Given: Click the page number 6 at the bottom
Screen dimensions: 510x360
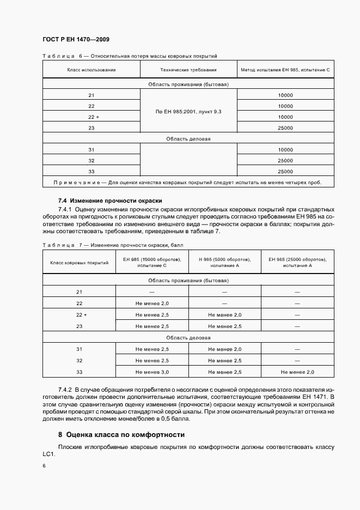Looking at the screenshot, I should tap(44, 466).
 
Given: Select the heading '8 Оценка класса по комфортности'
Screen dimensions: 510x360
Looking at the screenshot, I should tap(121, 435).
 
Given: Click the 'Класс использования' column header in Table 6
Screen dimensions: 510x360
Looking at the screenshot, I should tap(91, 70).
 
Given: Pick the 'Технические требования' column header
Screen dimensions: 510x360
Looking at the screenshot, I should tap(188, 70).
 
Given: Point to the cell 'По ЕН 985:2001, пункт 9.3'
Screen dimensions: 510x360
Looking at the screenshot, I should tap(188, 111).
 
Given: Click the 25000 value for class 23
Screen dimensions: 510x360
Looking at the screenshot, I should tap(285, 127).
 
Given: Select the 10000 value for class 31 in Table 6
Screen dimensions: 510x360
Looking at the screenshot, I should tap(285, 149).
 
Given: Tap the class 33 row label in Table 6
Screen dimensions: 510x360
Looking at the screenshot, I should tap(91, 171).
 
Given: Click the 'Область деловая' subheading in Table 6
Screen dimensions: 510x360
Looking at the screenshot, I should tap(188, 138).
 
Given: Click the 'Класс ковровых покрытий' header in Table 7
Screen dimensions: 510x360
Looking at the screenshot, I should tap(79, 263).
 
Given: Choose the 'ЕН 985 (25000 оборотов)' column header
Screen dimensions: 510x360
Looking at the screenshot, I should tap(297, 263).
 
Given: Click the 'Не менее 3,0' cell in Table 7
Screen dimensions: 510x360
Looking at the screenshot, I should tap(152, 371).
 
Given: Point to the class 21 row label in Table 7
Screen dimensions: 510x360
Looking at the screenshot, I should tap(79, 292).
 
